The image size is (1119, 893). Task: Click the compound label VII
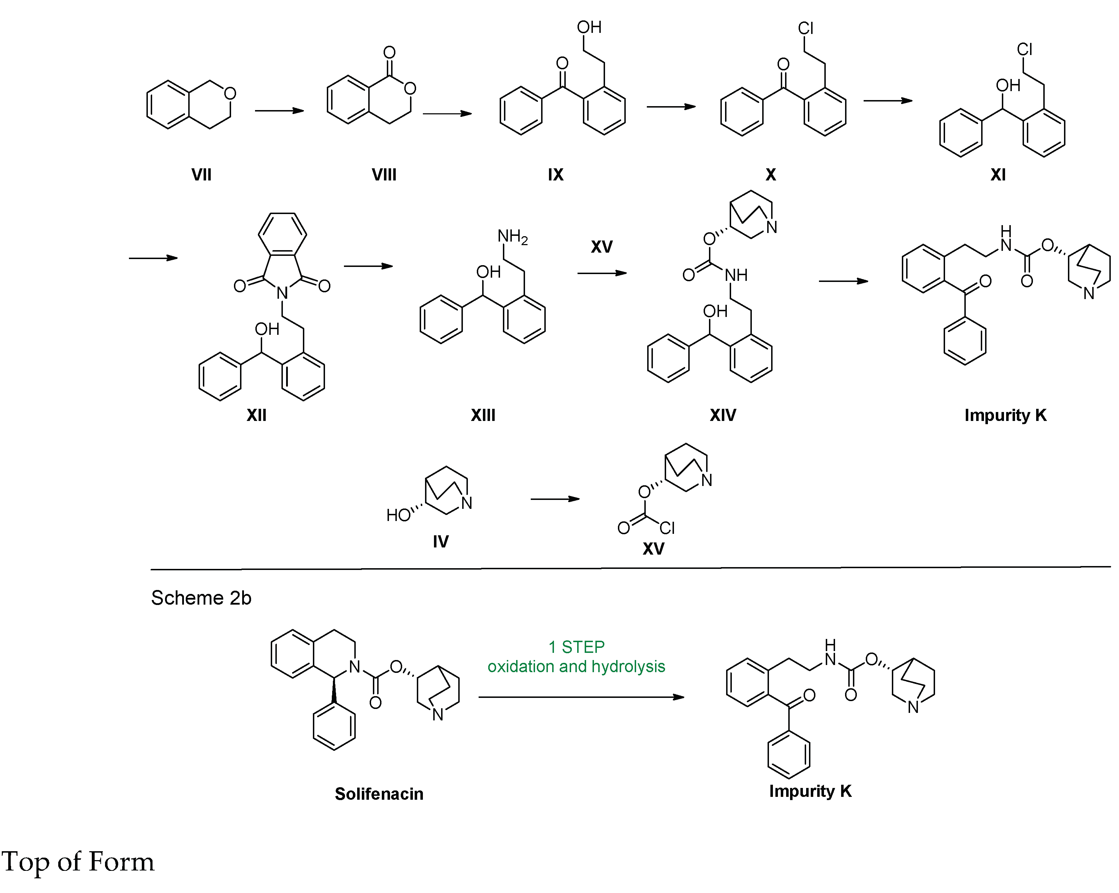[x=201, y=175]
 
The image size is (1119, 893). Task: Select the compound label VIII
[x=384, y=175]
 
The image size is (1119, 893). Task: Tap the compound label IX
[x=555, y=175]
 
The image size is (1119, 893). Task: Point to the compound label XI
[x=998, y=175]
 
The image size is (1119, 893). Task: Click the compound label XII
[x=256, y=415]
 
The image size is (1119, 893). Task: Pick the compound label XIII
[x=483, y=415]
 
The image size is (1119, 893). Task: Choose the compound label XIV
[x=723, y=415]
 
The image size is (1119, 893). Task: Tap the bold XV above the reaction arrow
[x=601, y=247]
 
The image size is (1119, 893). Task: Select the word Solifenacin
[x=379, y=794]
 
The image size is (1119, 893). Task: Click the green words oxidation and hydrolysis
[x=576, y=667]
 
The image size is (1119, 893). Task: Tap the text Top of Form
[x=78, y=862]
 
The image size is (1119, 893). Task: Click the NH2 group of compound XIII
[x=512, y=237]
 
